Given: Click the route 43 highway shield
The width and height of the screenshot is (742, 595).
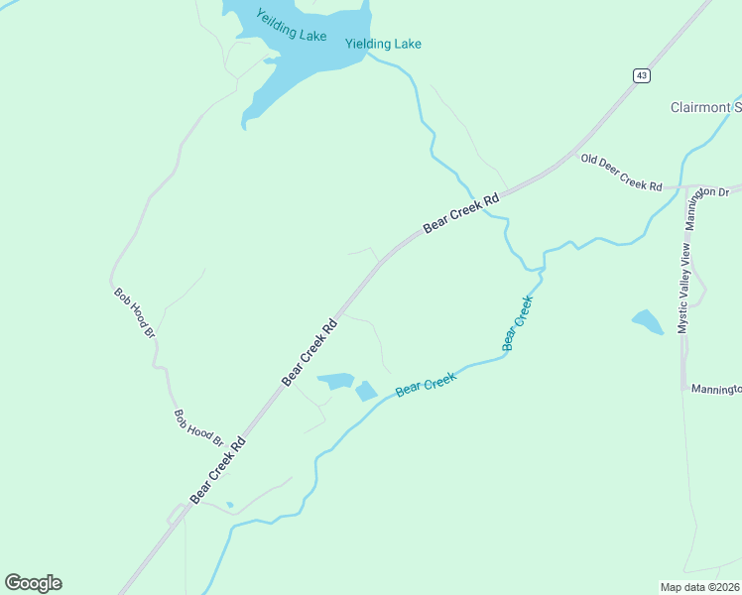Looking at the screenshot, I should point(642,75).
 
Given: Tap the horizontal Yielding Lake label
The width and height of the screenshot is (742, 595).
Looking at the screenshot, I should point(383,44).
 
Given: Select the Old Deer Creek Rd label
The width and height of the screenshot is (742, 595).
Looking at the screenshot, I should point(621,172).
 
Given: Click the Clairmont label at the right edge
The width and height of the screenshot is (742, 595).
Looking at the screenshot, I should point(705,107).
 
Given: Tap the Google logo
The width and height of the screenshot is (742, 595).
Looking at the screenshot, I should point(33,583).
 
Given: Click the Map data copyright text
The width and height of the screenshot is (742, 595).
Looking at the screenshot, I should point(699,586).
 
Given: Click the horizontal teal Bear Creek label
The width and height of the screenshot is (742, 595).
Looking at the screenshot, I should point(426,384).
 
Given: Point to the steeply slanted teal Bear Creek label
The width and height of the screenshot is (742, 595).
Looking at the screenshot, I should point(518,322).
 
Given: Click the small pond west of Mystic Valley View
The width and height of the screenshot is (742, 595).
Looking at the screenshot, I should point(647,321).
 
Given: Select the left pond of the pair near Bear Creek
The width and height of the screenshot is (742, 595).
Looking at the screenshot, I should point(335,381).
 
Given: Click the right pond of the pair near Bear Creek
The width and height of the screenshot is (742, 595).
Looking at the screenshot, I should point(366,391).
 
